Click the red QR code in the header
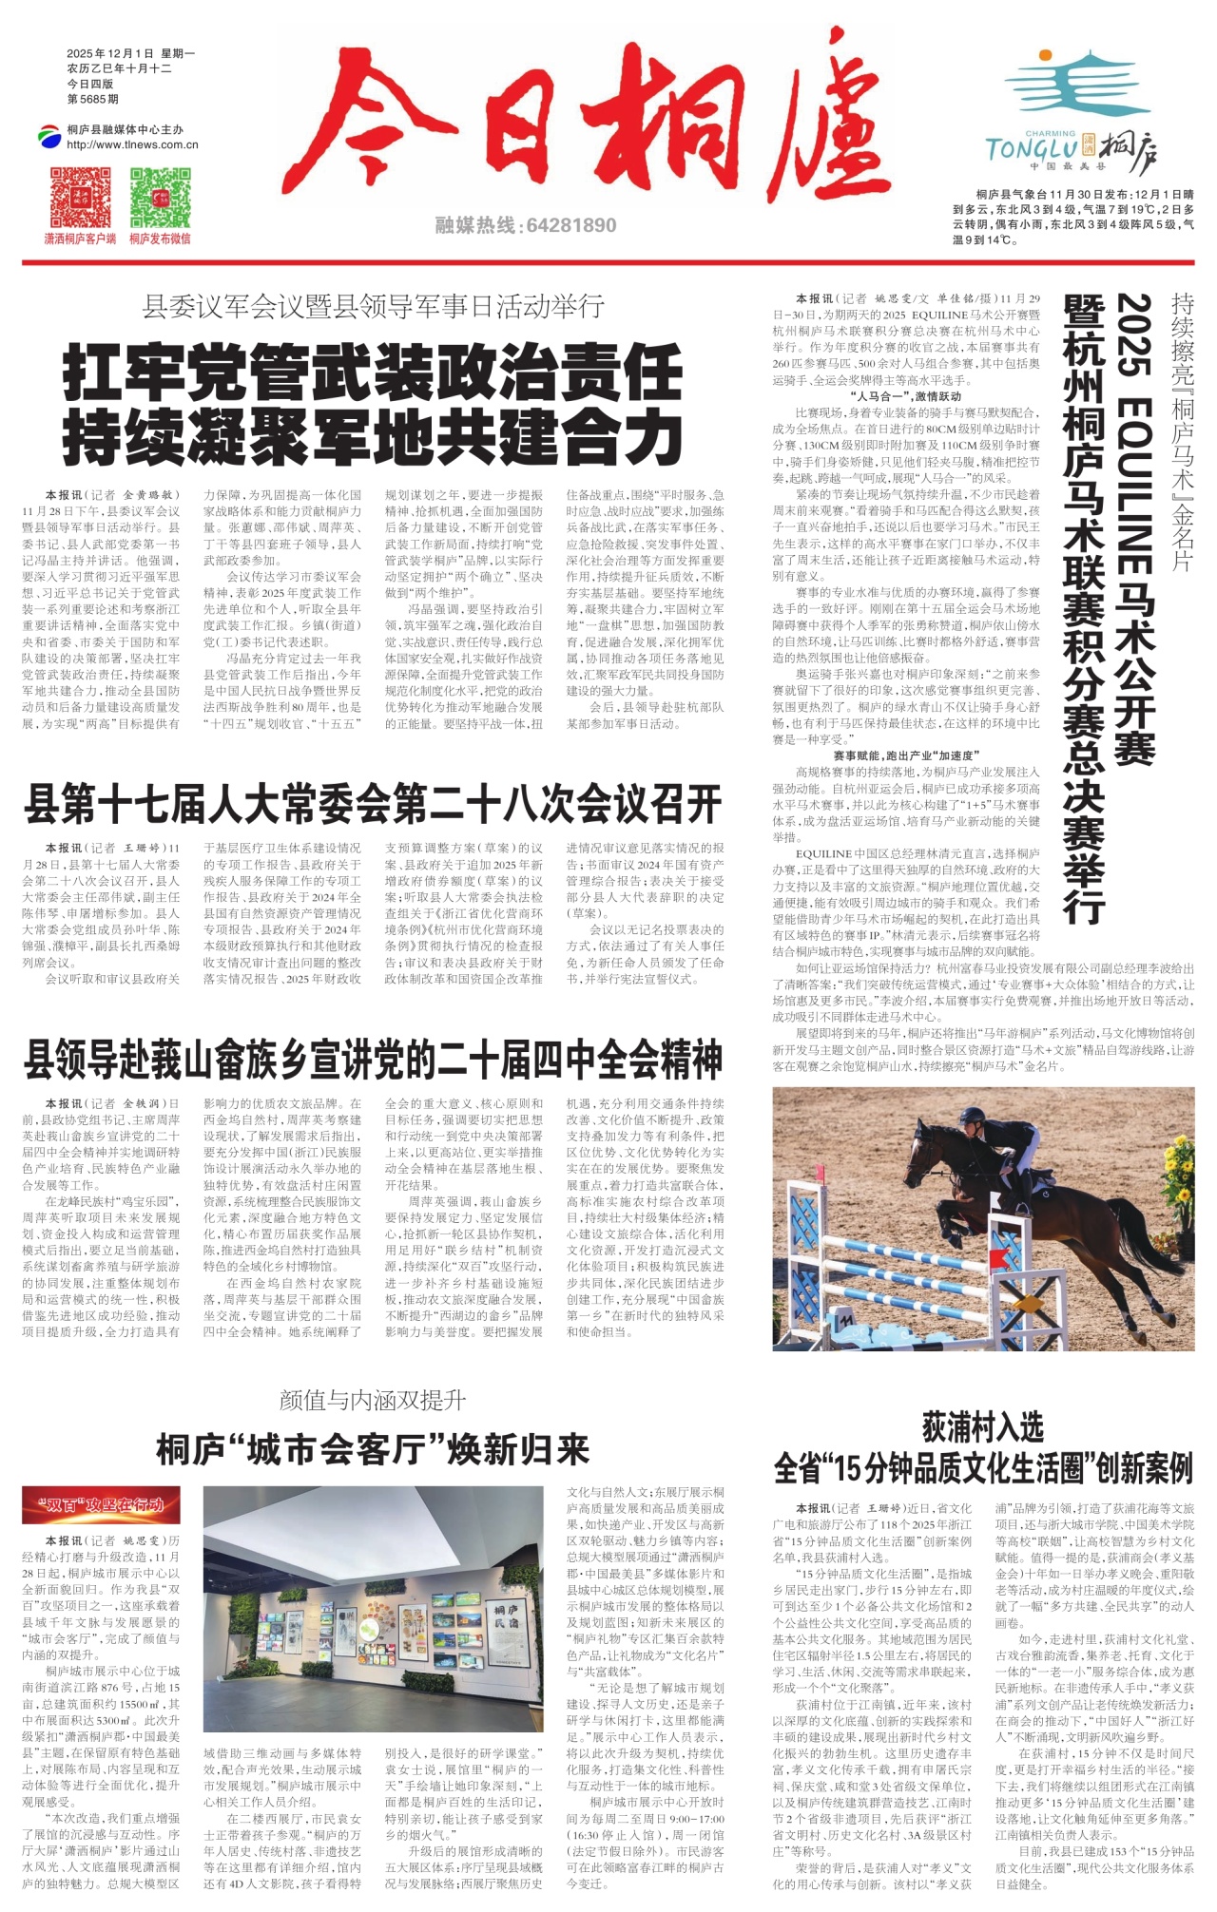(x=80, y=198)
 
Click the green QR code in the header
(x=160, y=198)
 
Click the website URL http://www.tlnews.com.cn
(x=132, y=144)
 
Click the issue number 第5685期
(x=93, y=99)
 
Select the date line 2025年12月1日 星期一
(x=130, y=54)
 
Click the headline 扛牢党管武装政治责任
(x=373, y=373)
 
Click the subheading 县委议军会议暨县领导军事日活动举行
(x=373, y=306)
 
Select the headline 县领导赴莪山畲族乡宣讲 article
(x=373, y=1060)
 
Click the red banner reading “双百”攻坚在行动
(x=101, y=1504)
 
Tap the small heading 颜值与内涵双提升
(x=373, y=1400)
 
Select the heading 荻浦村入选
(x=982, y=1426)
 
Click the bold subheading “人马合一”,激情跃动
(x=905, y=395)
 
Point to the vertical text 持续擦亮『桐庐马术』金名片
(x=1182, y=432)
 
